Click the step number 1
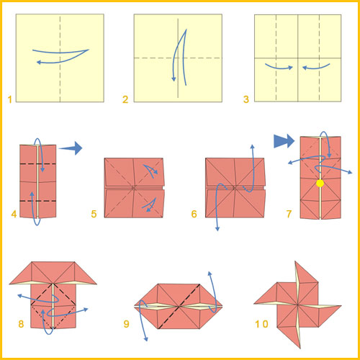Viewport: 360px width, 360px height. (x=10, y=99)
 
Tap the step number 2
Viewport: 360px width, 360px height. (x=125, y=99)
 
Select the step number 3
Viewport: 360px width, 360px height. (x=246, y=99)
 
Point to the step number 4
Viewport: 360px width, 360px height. (x=14, y=214)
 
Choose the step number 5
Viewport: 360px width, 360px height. (x=94, y=214)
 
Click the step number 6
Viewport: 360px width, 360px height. (x=194, y=214)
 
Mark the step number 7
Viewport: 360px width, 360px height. (x=289, y=214)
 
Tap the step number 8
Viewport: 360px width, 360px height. (x=21, y=324)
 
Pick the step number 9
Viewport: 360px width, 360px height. (x=126, y=324)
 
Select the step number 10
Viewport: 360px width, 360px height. (x=261, y=324)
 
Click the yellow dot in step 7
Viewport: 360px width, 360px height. (x=320, y=184)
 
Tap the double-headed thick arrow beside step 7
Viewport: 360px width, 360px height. (x=284, y=141)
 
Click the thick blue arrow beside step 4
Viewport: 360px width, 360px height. (x=71, y=148)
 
